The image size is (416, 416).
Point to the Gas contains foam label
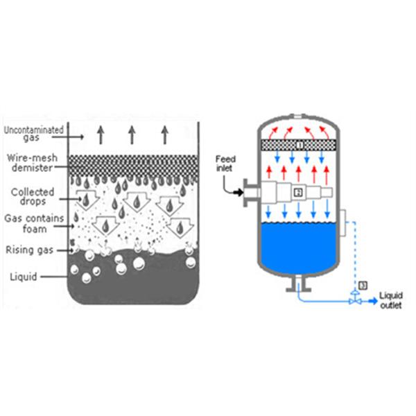35,225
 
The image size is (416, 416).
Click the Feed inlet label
227,163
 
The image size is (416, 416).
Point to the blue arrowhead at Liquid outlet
374,301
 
